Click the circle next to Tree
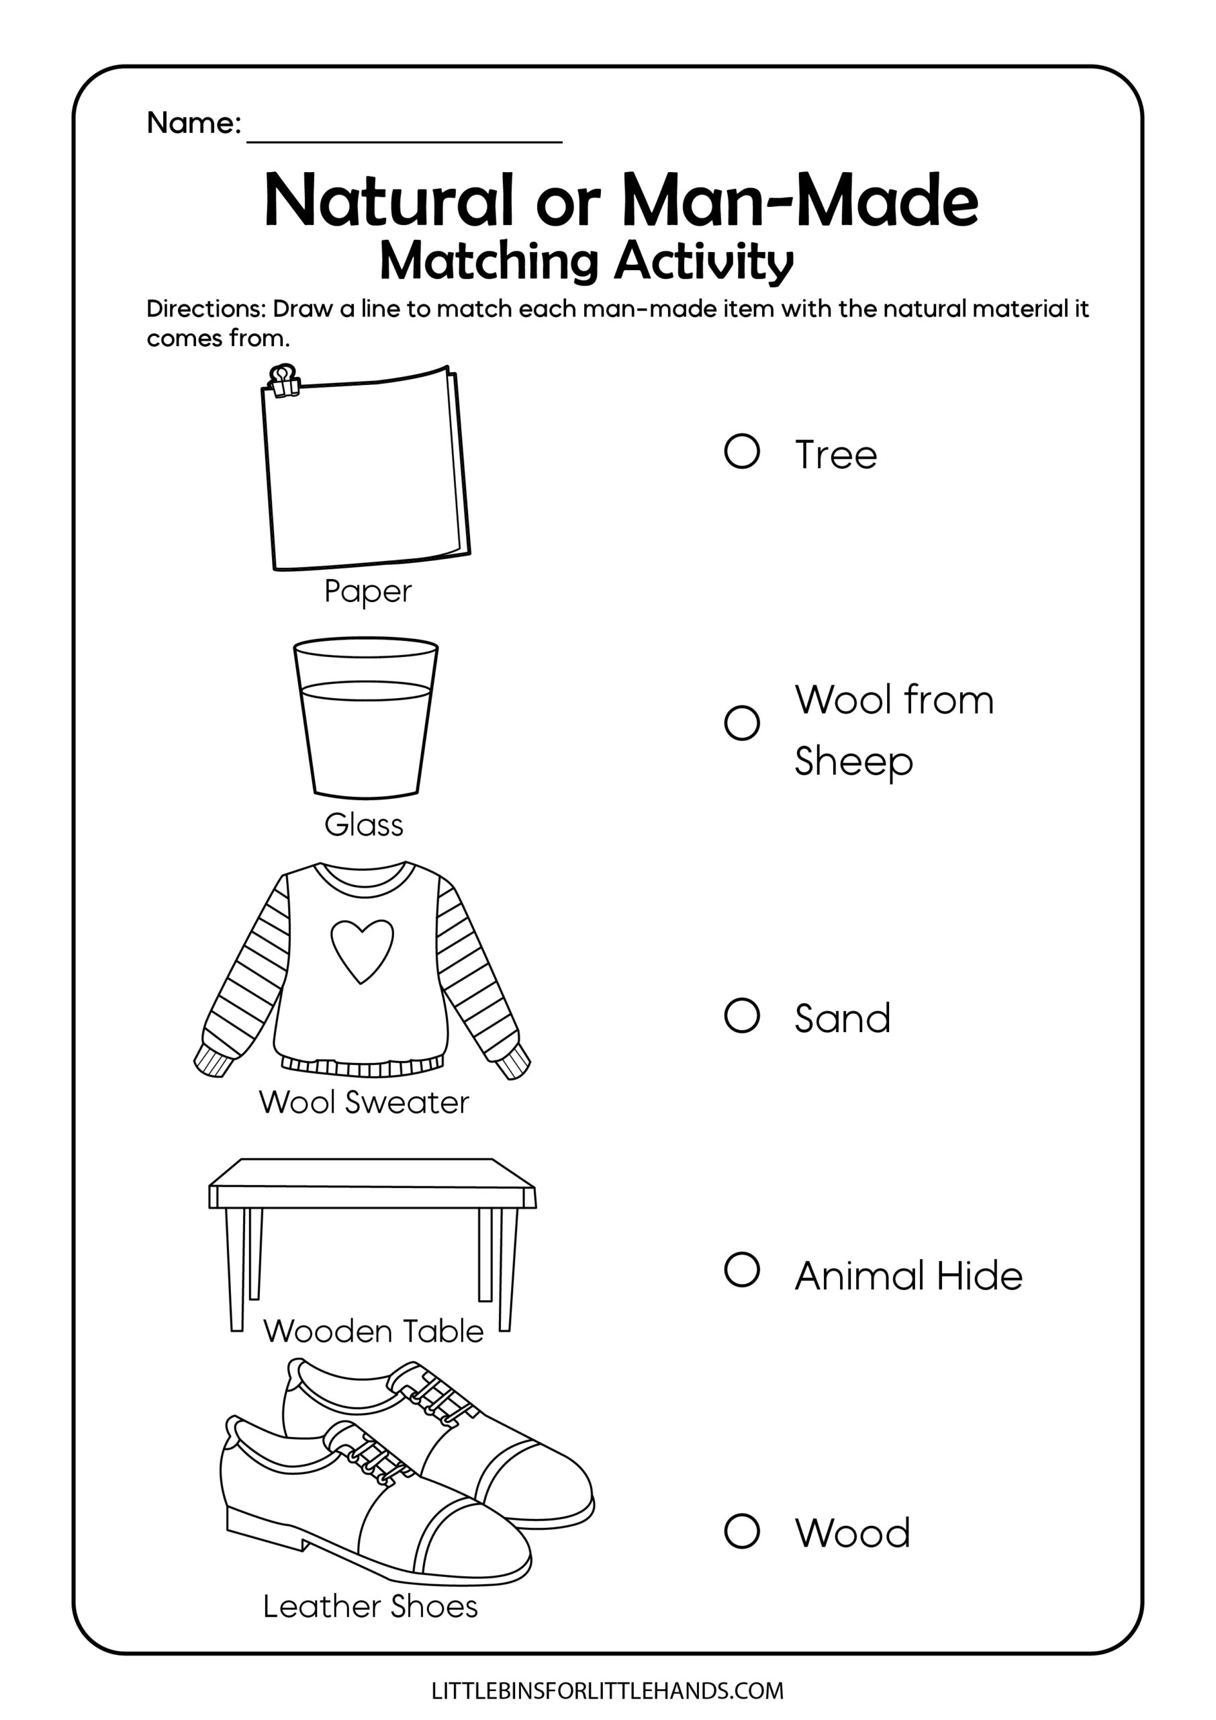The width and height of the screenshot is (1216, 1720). click(742, 451)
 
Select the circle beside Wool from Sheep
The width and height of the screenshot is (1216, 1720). click(742, 723)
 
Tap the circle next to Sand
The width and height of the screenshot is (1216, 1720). click(742, 1016)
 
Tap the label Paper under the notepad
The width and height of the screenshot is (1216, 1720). click(368, 592)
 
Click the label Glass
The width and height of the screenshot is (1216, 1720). click(364, 826)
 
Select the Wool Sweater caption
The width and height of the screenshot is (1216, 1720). click(364, 1102)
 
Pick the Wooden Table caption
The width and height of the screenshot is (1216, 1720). click(373, 1331)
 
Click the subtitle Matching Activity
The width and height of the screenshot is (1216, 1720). click(586, 262)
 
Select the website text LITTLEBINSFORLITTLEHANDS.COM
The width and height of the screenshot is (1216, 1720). click(607, 1691)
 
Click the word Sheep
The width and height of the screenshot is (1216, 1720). click(853, 763)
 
